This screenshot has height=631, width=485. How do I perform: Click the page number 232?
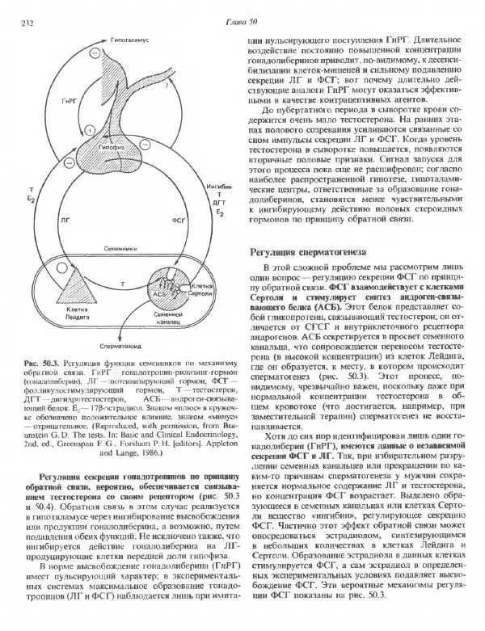pyautogui.click(x=25, y=22)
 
